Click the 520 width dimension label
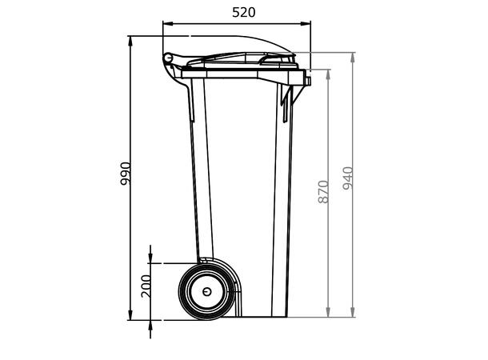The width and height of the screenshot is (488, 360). pos(244,12)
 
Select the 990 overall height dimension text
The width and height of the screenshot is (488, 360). pos(126,174)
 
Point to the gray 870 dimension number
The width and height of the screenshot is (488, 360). pos(323,191)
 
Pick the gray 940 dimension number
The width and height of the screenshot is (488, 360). pos(348,178)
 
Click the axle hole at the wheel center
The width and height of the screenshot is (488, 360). pos(206,291)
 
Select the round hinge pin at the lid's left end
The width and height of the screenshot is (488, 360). pos(168,58)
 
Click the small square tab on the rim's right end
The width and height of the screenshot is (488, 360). pos(306,79)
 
